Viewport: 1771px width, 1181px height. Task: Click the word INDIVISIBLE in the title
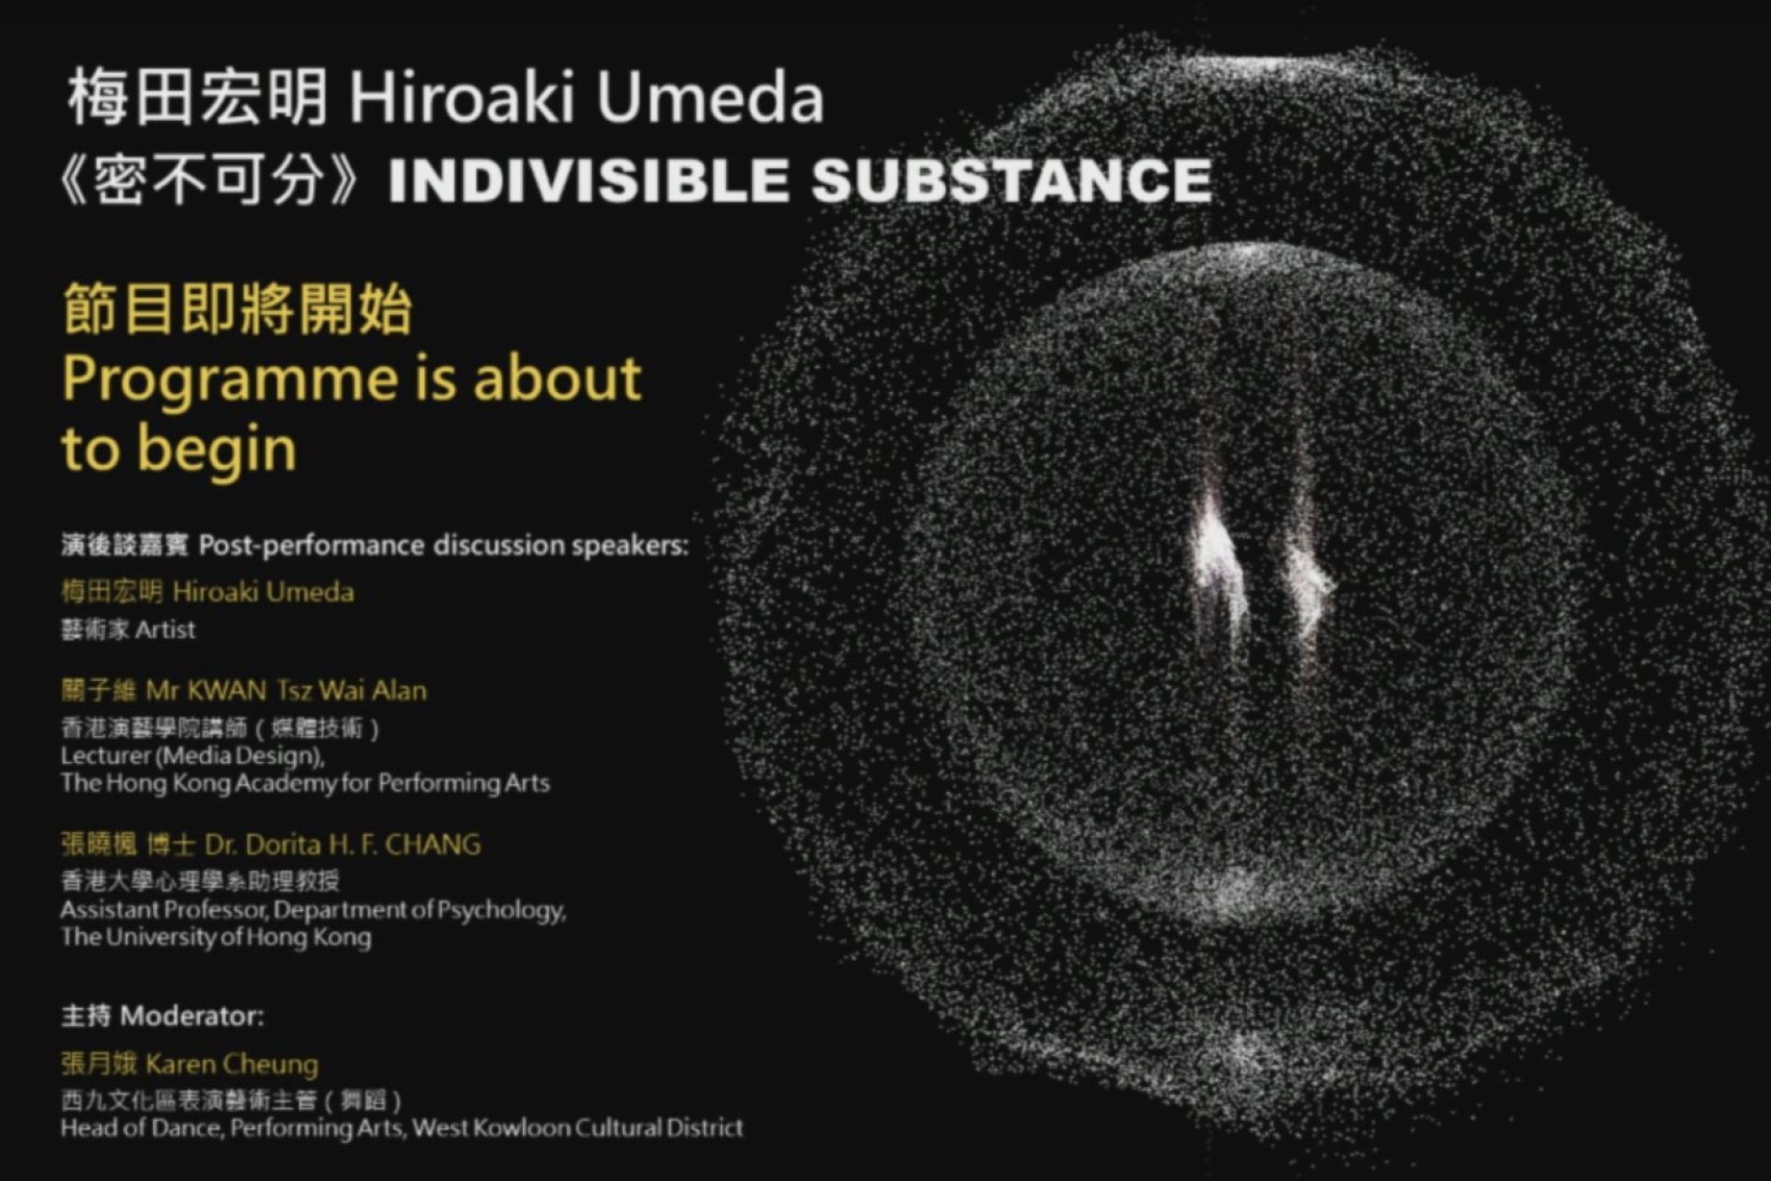(x=588, y=179)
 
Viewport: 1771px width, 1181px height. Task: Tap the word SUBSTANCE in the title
(x=1012, y=179)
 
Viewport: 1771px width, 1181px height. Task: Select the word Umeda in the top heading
(x=709, y=98)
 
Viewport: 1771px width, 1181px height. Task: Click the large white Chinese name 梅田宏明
(x=198, y=97)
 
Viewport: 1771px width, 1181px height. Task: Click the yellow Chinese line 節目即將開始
(x=237, y=309)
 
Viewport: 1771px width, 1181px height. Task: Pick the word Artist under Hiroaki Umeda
(x=165, y=629)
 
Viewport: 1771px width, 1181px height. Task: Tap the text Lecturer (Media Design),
(x=193, y=757)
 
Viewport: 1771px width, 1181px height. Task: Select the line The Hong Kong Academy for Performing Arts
(x=305, y=783)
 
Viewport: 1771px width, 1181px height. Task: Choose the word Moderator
(x=192, y=1016)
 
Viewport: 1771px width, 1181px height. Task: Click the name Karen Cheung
(x=232, y=1065)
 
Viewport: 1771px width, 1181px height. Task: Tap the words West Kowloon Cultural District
(x=577, y=1127)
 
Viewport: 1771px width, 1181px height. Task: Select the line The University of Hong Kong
(x=216, y=937)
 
